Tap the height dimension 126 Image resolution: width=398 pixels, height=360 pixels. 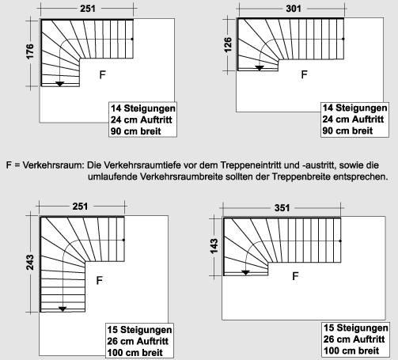click(229, 43)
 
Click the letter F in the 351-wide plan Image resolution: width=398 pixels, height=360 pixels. click(295, 276)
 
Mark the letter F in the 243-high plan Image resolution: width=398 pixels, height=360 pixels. click(99, 280)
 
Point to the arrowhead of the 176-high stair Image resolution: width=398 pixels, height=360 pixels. click(59, 82)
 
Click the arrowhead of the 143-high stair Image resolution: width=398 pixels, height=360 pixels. click(245, 272)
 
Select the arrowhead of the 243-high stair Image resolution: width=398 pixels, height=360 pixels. click(63, 308)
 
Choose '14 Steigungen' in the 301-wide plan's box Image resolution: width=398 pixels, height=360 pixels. click(354, 108)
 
